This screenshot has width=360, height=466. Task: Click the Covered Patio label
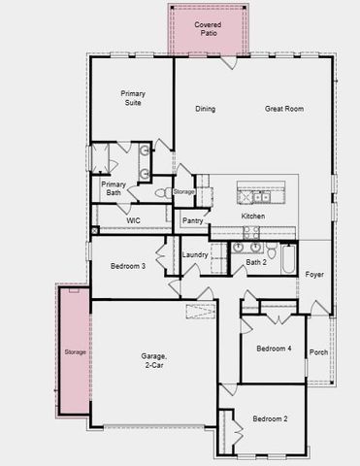[207, 28]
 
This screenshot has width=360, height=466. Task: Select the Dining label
[205, 109]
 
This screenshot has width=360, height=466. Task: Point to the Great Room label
[284, 109]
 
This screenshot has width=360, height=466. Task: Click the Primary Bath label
[115, 188]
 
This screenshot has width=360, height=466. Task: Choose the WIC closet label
[135, 221]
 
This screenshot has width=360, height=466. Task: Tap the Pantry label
[192, 221]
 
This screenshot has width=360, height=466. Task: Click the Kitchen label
[253, 216]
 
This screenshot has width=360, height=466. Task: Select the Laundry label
[195, 255]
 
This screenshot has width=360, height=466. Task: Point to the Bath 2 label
[255, 262]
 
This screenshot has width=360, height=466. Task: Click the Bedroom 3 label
[128, 266]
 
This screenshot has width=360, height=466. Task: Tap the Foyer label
[314, 275]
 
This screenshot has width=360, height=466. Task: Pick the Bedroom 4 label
[274, 349]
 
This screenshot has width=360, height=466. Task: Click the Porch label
[318, 352]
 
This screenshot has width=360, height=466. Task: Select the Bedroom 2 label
[271, 418]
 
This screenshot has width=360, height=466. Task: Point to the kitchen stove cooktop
[249, 233]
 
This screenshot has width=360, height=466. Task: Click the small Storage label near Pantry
[183, 192]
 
